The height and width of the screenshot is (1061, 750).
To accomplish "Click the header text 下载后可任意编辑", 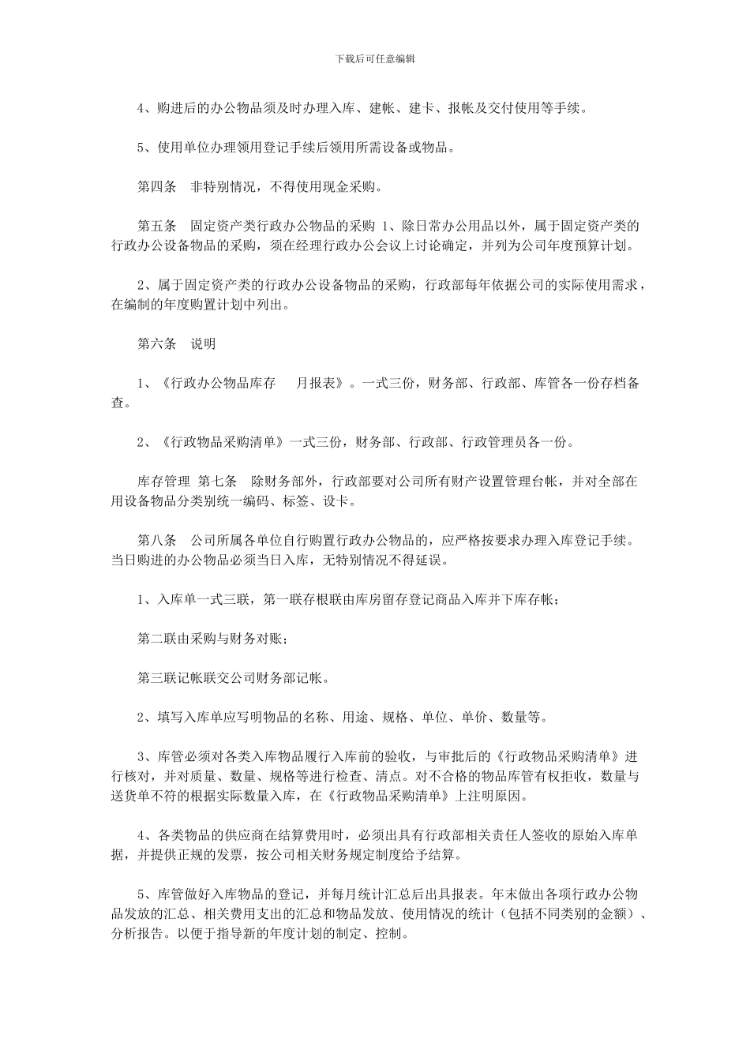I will (375, 58).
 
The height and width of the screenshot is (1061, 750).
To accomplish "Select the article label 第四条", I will (157, 187).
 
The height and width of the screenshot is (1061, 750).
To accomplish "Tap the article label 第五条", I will (157, 227).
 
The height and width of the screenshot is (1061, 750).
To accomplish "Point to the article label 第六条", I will (157, 344).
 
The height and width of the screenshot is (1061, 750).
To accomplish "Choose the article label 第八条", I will (157, 541).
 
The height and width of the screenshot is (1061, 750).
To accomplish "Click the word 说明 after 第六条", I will (203, 344).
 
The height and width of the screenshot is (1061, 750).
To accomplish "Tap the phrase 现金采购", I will (348, 187).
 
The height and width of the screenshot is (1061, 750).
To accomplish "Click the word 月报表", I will (320, 384).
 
